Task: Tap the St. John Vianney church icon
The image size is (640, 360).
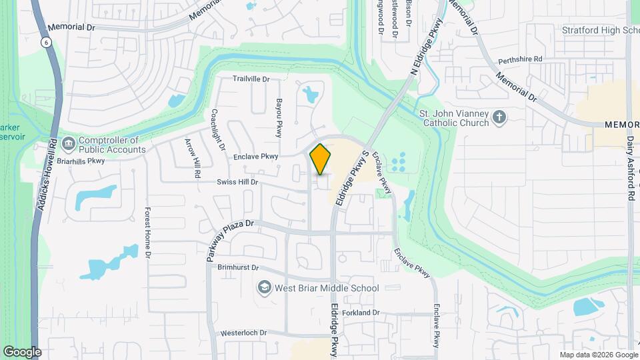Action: [x=499, y=118]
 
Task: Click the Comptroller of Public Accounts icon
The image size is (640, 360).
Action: [x=69, y=144]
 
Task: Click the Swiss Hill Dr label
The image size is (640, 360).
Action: [x=237, y=182]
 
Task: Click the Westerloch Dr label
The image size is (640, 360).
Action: [x=243, y=333]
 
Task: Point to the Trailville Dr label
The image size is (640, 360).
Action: [x=251, y=79]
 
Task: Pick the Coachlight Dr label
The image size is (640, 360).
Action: [x=218, y=129]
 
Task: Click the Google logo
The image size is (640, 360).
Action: [x=22, y=352]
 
